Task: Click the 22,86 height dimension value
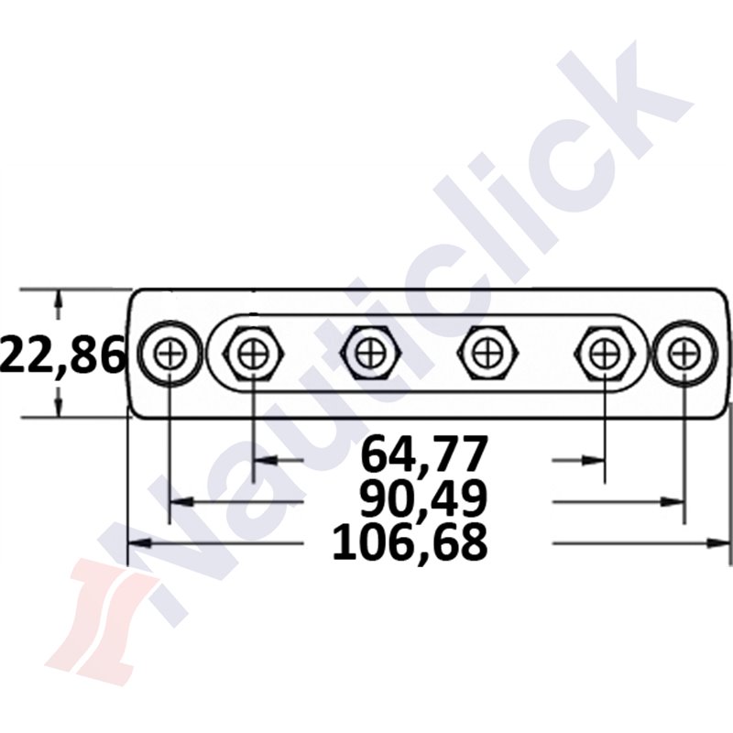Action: coord(62,356)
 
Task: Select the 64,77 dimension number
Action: coord(422,454)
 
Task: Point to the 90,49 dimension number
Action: coord(422,500)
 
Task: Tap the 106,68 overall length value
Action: coord(410,543)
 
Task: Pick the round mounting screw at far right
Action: coord(683,353)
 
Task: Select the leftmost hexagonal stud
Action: coord(252,353)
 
